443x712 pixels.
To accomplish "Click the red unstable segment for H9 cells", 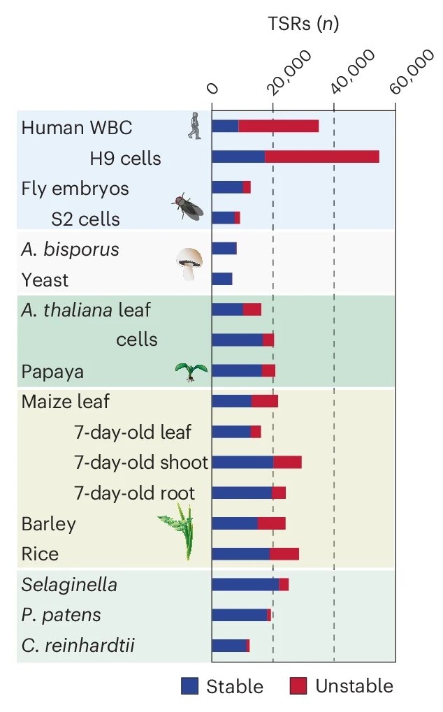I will (321, 157).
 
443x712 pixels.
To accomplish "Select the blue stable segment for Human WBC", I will (225, 126).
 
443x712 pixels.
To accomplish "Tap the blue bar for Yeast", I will (221, 279).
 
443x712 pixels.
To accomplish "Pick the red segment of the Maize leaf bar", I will (265, 401).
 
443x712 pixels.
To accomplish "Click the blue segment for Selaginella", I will (245, 584).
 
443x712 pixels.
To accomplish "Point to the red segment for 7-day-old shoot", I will (287, 462).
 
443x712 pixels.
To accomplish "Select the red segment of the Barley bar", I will (271, 523).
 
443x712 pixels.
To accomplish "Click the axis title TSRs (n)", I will (303, 24).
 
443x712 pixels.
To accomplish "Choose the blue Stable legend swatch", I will (190, 686).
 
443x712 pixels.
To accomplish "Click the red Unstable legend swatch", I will (298, 686).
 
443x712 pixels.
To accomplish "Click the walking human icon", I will (194, 126).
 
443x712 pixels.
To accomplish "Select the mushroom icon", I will (189, 264).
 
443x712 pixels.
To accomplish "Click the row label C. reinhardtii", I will (78, 646).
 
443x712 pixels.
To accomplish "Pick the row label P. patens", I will (61, 615).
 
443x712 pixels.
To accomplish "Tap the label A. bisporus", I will (70, 249).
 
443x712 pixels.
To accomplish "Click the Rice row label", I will (40, 554).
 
